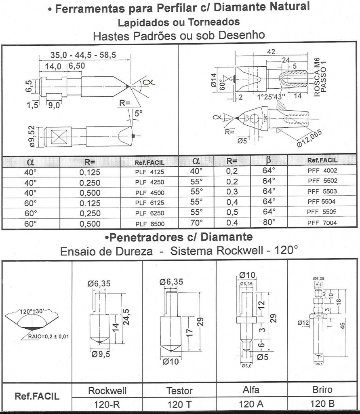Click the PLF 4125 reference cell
149,171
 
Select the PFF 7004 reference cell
322,223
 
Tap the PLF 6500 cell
149,223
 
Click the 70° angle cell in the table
196,223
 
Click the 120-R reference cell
107,404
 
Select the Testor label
179,391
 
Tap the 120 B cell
322,404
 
